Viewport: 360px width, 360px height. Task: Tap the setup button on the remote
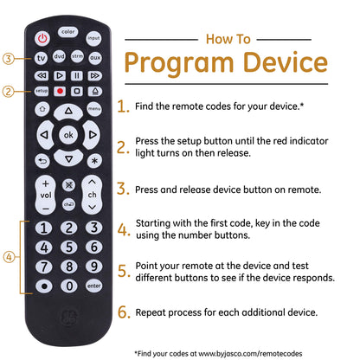pos(42,91)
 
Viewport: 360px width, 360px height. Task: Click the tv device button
pos(42,58)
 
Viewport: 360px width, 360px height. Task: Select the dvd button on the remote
pos(59,56)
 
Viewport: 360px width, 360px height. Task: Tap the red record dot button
pos(60,91)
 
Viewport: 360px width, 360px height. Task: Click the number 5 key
pos(69,247)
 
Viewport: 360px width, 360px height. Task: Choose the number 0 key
pos(69,286)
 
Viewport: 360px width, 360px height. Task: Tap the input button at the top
pos(93,38)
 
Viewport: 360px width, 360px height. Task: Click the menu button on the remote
pos(94,109)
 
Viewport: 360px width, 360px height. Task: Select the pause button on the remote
pos(77,75)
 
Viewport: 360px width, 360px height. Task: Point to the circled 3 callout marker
pos(9,59)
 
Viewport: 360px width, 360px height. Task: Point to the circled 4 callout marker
pos(9,257)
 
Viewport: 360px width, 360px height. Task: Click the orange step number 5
pos(123,271)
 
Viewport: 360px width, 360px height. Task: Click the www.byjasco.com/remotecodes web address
pos(250,354)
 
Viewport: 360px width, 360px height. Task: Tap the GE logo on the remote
pos(68,317)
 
